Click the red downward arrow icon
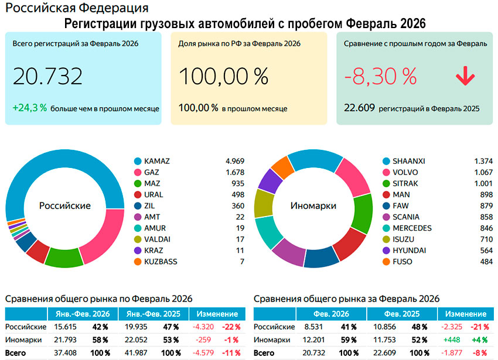click(x=465, y=77)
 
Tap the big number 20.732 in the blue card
click(x=47, y=77)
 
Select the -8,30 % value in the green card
click(x=380, y=77)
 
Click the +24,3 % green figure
click(x=29, y=108)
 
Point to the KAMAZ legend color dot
click(x=138, y=161)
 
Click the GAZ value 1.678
click(x=234, y=172)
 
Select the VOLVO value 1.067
click(x=483, y=172)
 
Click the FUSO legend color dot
click(x=386, y=261)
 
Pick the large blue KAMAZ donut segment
click(x=47, y=170)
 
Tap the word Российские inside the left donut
click(x=65, y=206)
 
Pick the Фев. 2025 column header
click(x=402, y=314)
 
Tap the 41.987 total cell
click(x=135, y=353)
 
